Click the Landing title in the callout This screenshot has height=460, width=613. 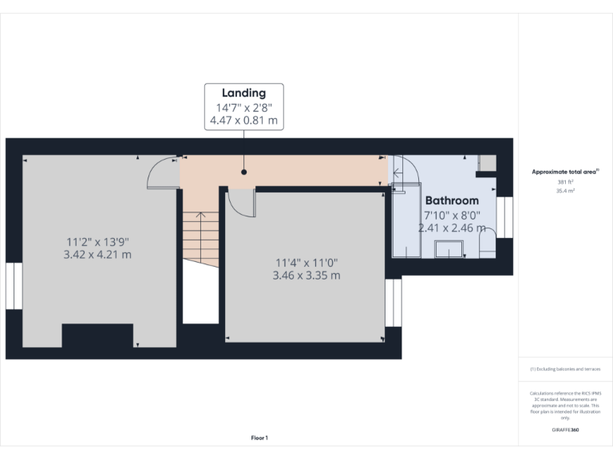click(x=244, y=93)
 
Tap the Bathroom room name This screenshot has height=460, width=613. click(x=452, y=200)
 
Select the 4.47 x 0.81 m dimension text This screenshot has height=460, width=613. click(x=244, y=121)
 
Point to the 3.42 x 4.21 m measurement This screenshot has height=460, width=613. click(x=97, y=255)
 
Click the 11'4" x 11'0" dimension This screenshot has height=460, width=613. click(x=307, y=262)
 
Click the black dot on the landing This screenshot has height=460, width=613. click(x=244, y=171)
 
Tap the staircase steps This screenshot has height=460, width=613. click(x=200, y=236)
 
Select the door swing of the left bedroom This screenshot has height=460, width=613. click(x=164, y=172)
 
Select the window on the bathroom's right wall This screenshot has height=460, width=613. click(x=504, y=217)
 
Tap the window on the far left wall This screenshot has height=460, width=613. click(x=14, y=286)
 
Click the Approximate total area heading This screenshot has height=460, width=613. click(x=565, y=172)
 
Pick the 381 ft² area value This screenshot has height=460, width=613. click(x=565, y=183)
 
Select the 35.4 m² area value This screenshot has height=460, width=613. click(x=565, y=192)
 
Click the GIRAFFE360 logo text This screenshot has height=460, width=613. click(x=565, y=430)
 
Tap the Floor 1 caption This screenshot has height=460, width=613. click(x=259, y=438)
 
